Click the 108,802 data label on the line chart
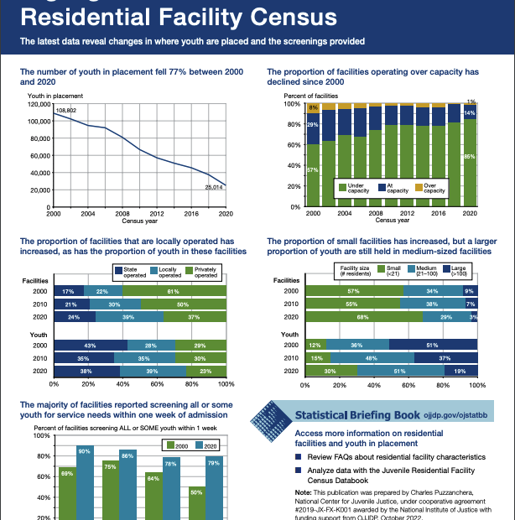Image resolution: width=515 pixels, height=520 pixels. point(66,110)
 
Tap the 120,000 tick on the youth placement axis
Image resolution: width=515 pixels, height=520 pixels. point(39,104)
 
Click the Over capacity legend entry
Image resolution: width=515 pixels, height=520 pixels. point(428,188)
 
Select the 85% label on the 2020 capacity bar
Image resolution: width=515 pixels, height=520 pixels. point(470,157)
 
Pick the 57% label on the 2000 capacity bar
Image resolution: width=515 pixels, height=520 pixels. point(312,170)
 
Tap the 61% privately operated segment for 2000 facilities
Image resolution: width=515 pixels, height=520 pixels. point(174,290)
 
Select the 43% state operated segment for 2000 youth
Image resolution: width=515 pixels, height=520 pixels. point(90,346)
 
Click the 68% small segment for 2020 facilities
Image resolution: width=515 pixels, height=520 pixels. point(363,318)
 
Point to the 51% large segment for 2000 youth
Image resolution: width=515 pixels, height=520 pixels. point(433,346)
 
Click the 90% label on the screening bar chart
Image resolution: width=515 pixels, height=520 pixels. point(85,451)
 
